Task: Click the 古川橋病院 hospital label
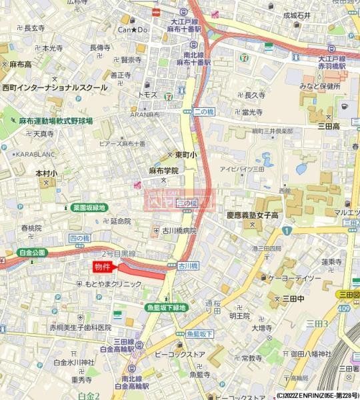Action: (179, 231)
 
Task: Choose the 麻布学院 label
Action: (163, 171)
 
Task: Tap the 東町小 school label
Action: (186, 154)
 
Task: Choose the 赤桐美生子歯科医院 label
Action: (80, 327)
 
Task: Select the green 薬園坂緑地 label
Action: (89, 207)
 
